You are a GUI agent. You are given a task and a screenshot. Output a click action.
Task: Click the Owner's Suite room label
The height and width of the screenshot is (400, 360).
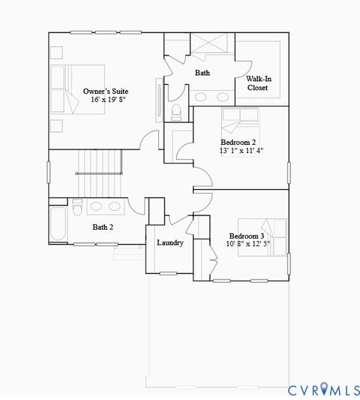[105, 92]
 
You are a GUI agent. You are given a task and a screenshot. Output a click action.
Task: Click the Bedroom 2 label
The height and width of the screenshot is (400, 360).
[238, 142]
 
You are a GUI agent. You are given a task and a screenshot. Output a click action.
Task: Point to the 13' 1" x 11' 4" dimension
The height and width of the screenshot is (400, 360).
[241, 150]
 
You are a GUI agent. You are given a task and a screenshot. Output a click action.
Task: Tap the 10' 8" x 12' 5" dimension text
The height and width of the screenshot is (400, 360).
[248, 244]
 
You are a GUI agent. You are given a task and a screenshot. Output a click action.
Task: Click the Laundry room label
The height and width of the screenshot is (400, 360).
[169, 243]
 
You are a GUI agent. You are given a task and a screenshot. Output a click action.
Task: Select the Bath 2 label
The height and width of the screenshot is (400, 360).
[103, 227]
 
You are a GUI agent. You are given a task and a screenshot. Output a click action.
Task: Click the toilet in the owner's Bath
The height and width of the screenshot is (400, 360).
[176, 113]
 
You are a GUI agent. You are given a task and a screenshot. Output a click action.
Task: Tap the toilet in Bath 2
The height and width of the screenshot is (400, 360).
[76, 207]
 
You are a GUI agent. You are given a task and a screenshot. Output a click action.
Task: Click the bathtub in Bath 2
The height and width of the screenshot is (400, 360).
[58, 226]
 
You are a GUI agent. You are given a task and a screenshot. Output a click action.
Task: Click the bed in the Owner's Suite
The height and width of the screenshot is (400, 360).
[75, 89]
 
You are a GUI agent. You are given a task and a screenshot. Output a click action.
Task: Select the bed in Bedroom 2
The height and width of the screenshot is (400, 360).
[240, 119]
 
